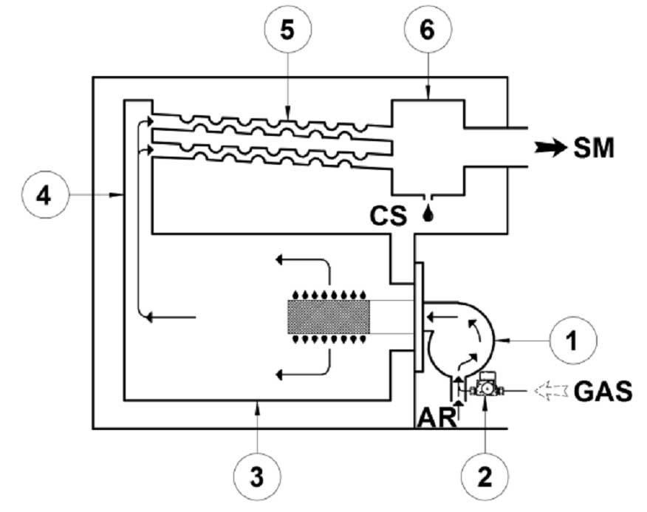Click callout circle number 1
(573, 341)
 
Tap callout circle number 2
(485, 477)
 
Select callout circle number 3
(256, 477)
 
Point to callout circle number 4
(44, 194)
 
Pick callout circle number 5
(287, 30)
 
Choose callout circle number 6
(428, 30)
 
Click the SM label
(593, 148)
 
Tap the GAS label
(603, 391)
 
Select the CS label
(388, 216)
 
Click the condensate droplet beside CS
(429, 214)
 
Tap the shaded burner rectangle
(329, 317)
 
